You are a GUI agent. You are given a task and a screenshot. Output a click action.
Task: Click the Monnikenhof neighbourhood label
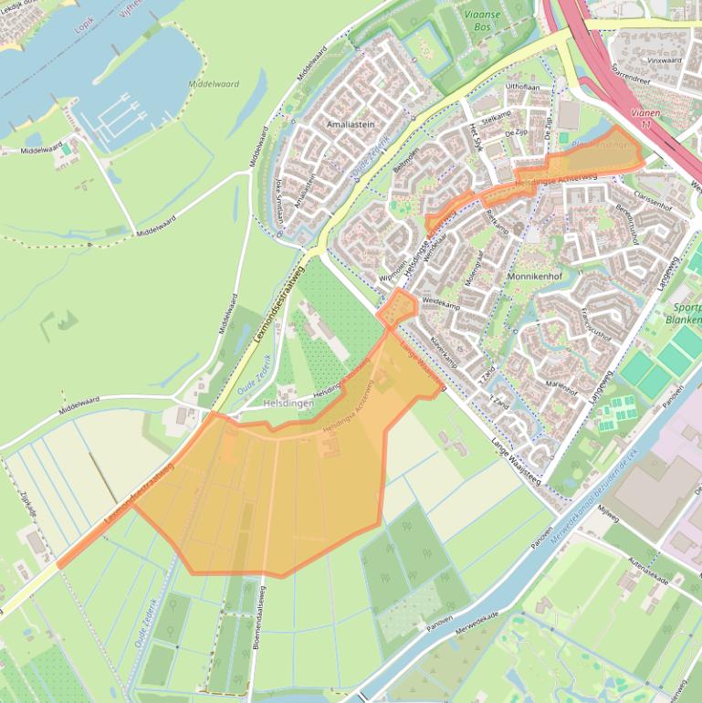pyautogui.click(x=534, y=276)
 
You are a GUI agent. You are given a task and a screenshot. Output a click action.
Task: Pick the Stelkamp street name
pyautogui.click(x=497, y=119)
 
